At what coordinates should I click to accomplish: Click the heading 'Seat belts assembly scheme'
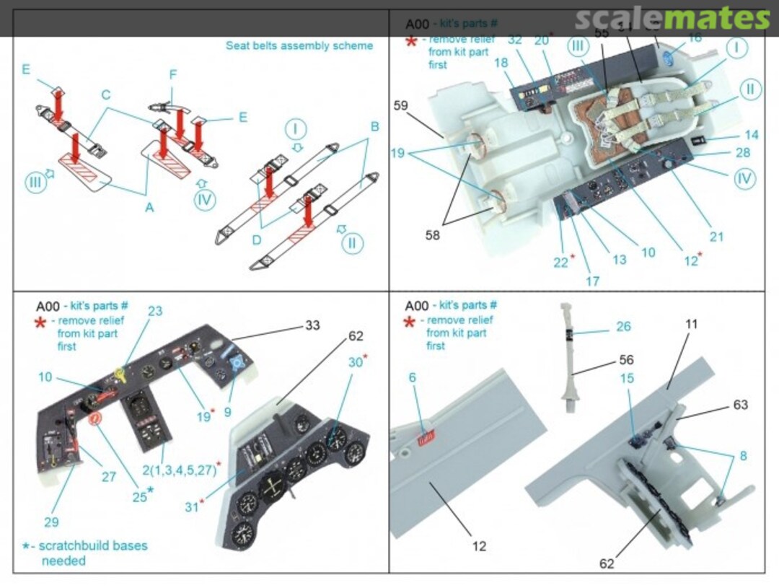[299, 45]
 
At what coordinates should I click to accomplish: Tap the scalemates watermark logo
[672, 18]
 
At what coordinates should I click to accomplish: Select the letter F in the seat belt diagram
[172, 74]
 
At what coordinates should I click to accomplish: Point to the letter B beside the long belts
[374, 126]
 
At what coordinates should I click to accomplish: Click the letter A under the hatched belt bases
[149, 207]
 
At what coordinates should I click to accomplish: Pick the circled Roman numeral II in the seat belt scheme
[351, 242]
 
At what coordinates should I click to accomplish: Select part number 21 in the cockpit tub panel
[716, 237]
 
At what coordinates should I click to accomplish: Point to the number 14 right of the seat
[752, 135]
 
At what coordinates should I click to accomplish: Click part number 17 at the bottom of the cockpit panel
[592, 281]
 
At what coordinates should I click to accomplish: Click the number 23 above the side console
[155, 312]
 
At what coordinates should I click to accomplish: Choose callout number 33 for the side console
[312, 326]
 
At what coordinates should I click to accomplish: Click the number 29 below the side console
[50, 522]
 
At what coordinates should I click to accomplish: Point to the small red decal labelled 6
[426, 434]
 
